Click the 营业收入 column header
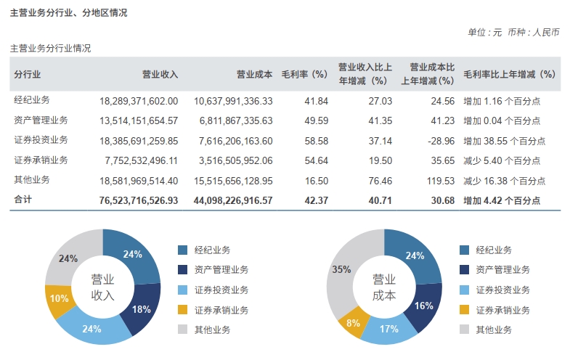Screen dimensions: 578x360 point(160,75)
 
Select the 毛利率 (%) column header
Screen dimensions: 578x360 point(304,75)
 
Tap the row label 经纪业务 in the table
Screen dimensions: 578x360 point(32,100)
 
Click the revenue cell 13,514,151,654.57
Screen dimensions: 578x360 point(139,121)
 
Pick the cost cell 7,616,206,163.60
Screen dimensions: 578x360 point(235,141)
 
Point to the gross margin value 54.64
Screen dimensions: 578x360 point(317,161)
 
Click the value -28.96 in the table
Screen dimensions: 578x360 point(441,141)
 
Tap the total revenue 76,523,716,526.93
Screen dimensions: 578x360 point(139,201)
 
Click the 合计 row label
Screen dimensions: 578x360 point(23,200)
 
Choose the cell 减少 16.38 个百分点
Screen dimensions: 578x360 point(504,181)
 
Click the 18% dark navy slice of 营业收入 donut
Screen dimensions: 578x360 point(144,308)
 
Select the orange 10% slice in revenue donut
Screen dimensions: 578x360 point(59,299)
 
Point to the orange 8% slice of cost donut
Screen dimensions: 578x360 point(353,323)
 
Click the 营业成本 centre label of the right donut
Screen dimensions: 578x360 point(384,287)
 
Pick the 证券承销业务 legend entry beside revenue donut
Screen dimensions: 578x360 point(213,310)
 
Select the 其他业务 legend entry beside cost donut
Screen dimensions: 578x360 point(486,330)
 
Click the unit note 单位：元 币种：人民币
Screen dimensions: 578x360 point(513,33)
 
